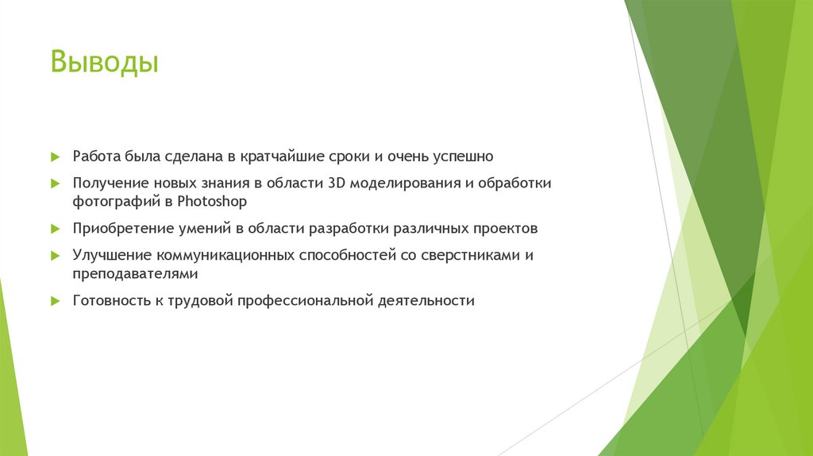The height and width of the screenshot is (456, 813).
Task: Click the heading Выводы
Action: click(x=105, y=62)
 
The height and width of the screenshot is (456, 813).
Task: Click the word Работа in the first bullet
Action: click(x=95, y=156)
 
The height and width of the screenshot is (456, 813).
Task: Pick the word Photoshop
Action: click(x=213, y=202)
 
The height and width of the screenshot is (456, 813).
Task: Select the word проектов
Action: click(x=507, y=229)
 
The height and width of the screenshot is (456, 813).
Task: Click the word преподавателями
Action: click(x=134, y=274)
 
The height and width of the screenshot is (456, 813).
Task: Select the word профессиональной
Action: click(x=309, y=301)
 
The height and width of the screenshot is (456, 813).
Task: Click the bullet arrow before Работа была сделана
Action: click(x=55, y=157)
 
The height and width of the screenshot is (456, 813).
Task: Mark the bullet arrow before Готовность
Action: click(x=55, y=302)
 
